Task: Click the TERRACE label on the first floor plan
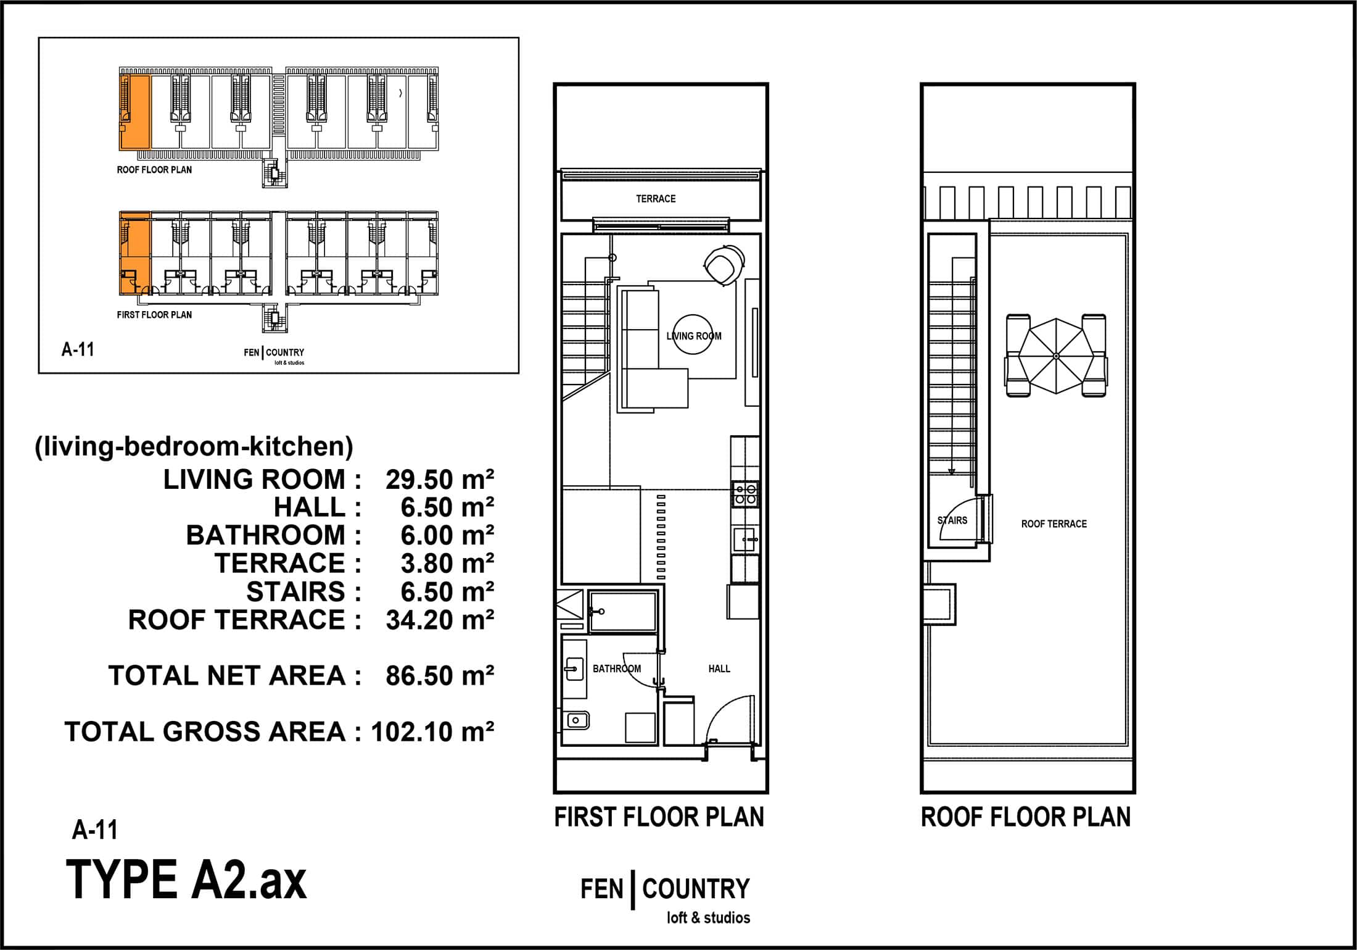(x=656, y=199)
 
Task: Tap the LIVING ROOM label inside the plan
(x=694, y=336)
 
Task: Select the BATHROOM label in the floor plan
(x=617, y=669)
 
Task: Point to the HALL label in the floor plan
(x=719, y=669)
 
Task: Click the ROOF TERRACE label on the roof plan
(x=1054, y=524)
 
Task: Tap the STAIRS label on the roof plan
(x=952, y=520)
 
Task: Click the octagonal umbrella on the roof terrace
(x=1056, y=356)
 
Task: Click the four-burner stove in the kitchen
(x=746, y=494)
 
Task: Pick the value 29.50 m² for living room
(x=440, y=480)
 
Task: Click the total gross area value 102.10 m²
(x=432, y=732)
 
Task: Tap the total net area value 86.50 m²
(x=440, y=676)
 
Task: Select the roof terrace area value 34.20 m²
(x=440, y=620)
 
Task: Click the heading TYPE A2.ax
(x=186, y=880)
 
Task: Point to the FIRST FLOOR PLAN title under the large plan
(x=659, y=817)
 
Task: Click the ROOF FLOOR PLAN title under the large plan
(x=1026, y=817)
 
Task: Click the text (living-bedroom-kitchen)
(x=194, y=446)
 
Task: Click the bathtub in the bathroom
(x=622, y=612)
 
